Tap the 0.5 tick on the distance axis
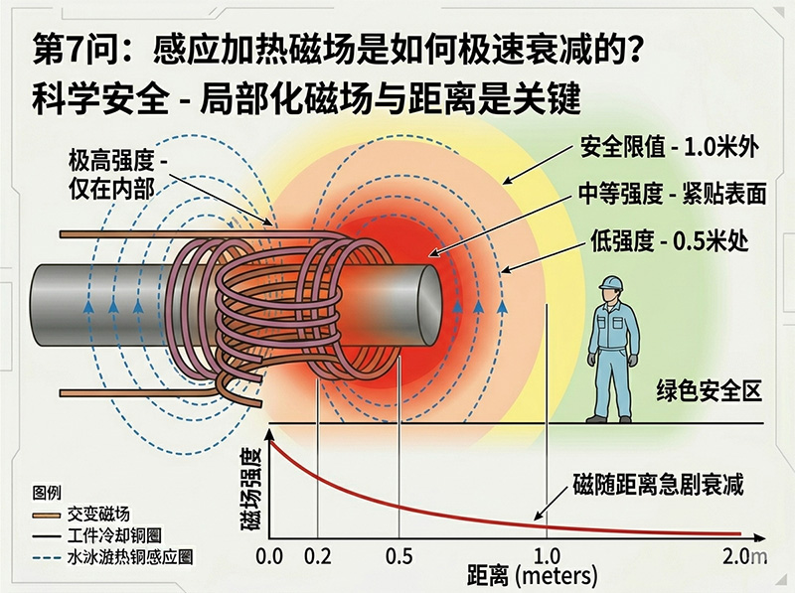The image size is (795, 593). pyautogui.click(x=398, y=554)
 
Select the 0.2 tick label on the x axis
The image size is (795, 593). pyautogui.click(x=318, y=554)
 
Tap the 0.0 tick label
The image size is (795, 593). pyautogui.click(x=270, y=554)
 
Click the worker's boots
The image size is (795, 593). pyautogui.click(x=609, y=418)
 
